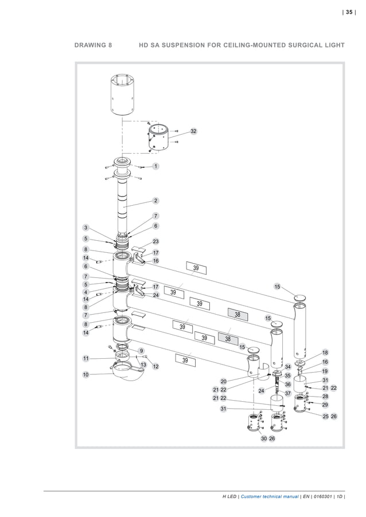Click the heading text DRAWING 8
(94, 44)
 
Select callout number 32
(193, 131)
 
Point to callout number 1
(155, 166)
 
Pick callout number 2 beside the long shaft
(155, 201)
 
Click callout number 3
(85, 228)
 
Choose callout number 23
(155, 241)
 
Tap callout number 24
(155, 295)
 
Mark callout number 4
(85, 292)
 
